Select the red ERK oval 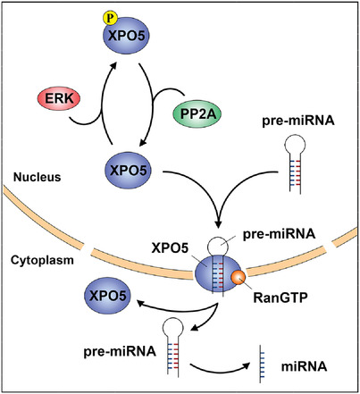pyautogui.click(x=59, y=98)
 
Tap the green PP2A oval pyautogui.click(x=197, y=114)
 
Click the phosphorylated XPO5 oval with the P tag pyautogui.click(x=126, y=36)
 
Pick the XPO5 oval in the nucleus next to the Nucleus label pyautogui.click(x=128, y=171)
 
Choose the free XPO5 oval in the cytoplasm pyautogui.click(x=108, y=296)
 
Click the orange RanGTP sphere pyautogui.click(x=238, y=277)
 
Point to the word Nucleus pyautogui.click(x=38, y=177)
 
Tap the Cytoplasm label pyautogui.click(x=42, y=260)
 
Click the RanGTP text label pyautogui.click(x=280, y=298)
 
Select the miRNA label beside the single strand pyautogui.click(x=304, y=366)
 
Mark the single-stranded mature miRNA pyautogui.click(x=261, y=364)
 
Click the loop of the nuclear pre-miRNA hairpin pyautogui.click(x=295, y=146)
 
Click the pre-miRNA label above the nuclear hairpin pyautogui.click(x=298, y=122)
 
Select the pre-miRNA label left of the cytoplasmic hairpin pyautogui.click(x=120, y=351)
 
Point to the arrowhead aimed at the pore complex pyautogui.click(x=218, y=223)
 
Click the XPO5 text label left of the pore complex pyautogui.click(x=170, y=248)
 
